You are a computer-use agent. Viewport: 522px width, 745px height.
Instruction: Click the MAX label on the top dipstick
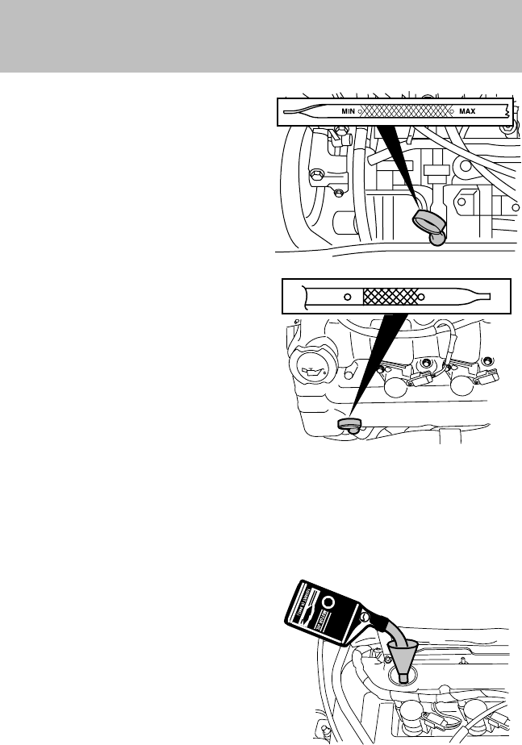point(467,111)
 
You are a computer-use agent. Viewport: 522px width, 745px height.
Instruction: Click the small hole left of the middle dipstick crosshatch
point(347,296)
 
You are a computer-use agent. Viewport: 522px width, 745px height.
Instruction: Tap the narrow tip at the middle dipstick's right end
point(487,295)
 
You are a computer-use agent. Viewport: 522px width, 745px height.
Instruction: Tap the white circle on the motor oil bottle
point(328,602)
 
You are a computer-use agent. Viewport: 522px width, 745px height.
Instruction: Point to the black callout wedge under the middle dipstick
point(380,355)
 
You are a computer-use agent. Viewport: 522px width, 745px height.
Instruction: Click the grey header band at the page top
point(261,36)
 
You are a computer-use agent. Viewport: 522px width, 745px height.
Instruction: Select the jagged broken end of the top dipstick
point(504,111)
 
